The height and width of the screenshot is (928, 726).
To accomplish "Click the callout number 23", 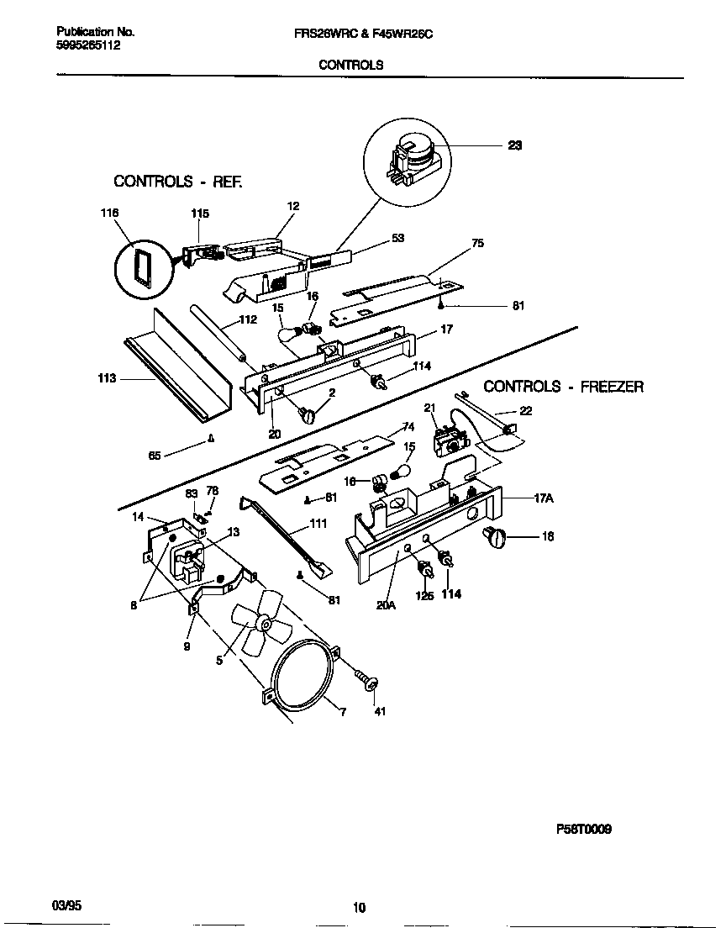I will (514, 145).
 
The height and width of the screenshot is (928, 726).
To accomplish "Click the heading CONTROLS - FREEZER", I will (563, 387).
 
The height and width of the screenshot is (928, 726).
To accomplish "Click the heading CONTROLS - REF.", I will (177, 181).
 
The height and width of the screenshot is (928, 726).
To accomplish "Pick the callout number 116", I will (109, 214).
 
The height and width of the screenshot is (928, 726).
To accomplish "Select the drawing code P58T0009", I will (583, 828).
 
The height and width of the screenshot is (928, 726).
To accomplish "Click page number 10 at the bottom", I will (359, 907).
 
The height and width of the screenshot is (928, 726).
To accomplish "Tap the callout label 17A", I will (543, 498).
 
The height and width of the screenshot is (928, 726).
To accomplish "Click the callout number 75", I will (477, 244).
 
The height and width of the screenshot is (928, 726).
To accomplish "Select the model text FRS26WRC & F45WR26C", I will (364, 32).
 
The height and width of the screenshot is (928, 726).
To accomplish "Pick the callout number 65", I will (154, 456).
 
